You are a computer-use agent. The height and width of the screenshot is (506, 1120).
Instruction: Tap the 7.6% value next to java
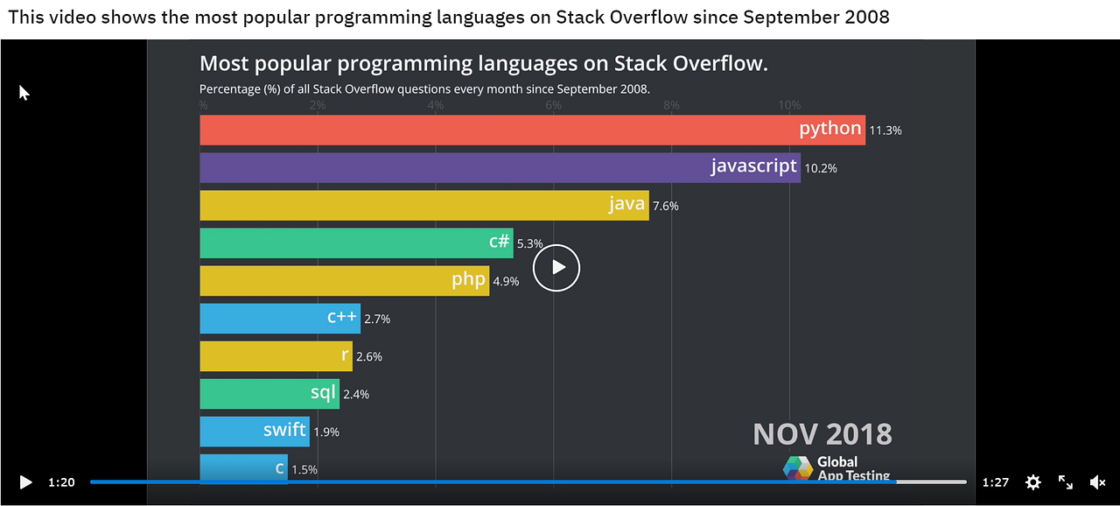coord(665,207)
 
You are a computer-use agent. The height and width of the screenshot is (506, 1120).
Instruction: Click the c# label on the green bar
coord(499,242)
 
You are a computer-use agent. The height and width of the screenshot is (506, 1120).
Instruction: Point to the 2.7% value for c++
coord(377,320)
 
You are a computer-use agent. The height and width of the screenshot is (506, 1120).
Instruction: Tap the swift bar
coord(254,432)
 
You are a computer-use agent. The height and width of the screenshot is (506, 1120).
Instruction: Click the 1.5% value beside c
coord(304,470)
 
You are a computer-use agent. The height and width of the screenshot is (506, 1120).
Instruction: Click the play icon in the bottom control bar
coord(25,482)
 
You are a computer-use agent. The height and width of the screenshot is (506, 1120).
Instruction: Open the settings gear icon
coord(1033,482)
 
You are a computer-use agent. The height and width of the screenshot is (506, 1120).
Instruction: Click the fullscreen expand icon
coord(1066,482)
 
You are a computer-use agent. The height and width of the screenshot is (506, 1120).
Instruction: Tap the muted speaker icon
coord(1097,482)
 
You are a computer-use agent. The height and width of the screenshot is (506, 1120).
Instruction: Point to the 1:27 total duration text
coord(996,482)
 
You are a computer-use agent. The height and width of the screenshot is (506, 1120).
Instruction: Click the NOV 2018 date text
coord(822,434)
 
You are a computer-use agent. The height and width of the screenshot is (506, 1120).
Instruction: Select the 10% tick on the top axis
coord(789,105)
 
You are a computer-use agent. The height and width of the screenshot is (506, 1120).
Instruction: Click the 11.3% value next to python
coord(885,130)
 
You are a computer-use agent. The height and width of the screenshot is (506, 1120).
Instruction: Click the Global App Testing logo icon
coord(797,467)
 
